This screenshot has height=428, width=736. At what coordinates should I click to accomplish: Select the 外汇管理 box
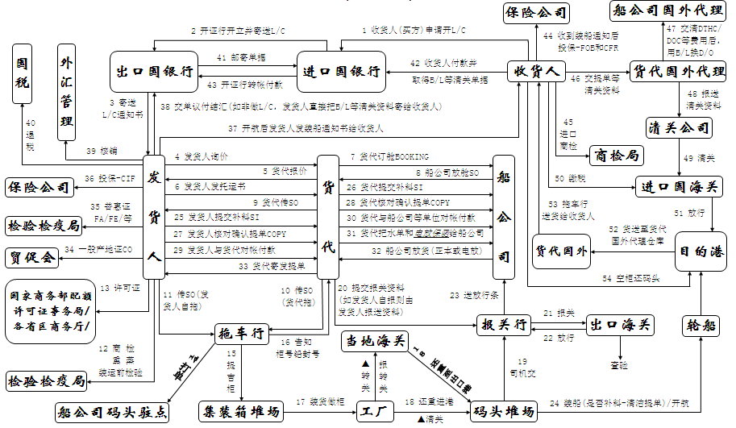(x=67, y=93)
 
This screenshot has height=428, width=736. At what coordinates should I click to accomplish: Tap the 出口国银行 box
(x=154, y=72)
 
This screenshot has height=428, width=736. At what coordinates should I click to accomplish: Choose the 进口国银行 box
(x=341, y=72)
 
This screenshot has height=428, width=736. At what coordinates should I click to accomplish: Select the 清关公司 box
(x=680, y=127)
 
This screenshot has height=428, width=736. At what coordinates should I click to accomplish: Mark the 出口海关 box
(x=621, y=326)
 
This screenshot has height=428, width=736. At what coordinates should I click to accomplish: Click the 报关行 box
(x=504, y=326)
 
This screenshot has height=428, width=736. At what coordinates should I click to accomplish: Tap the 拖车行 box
(x=241, y=333)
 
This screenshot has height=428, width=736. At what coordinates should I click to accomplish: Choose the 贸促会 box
(x=31, y=257)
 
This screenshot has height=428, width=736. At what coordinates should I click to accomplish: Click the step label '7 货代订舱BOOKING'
(x=389, y=156)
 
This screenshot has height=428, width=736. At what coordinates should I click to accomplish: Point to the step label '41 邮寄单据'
(x=241, y=58)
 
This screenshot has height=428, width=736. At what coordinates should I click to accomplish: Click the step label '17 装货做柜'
(x=319, y=401)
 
